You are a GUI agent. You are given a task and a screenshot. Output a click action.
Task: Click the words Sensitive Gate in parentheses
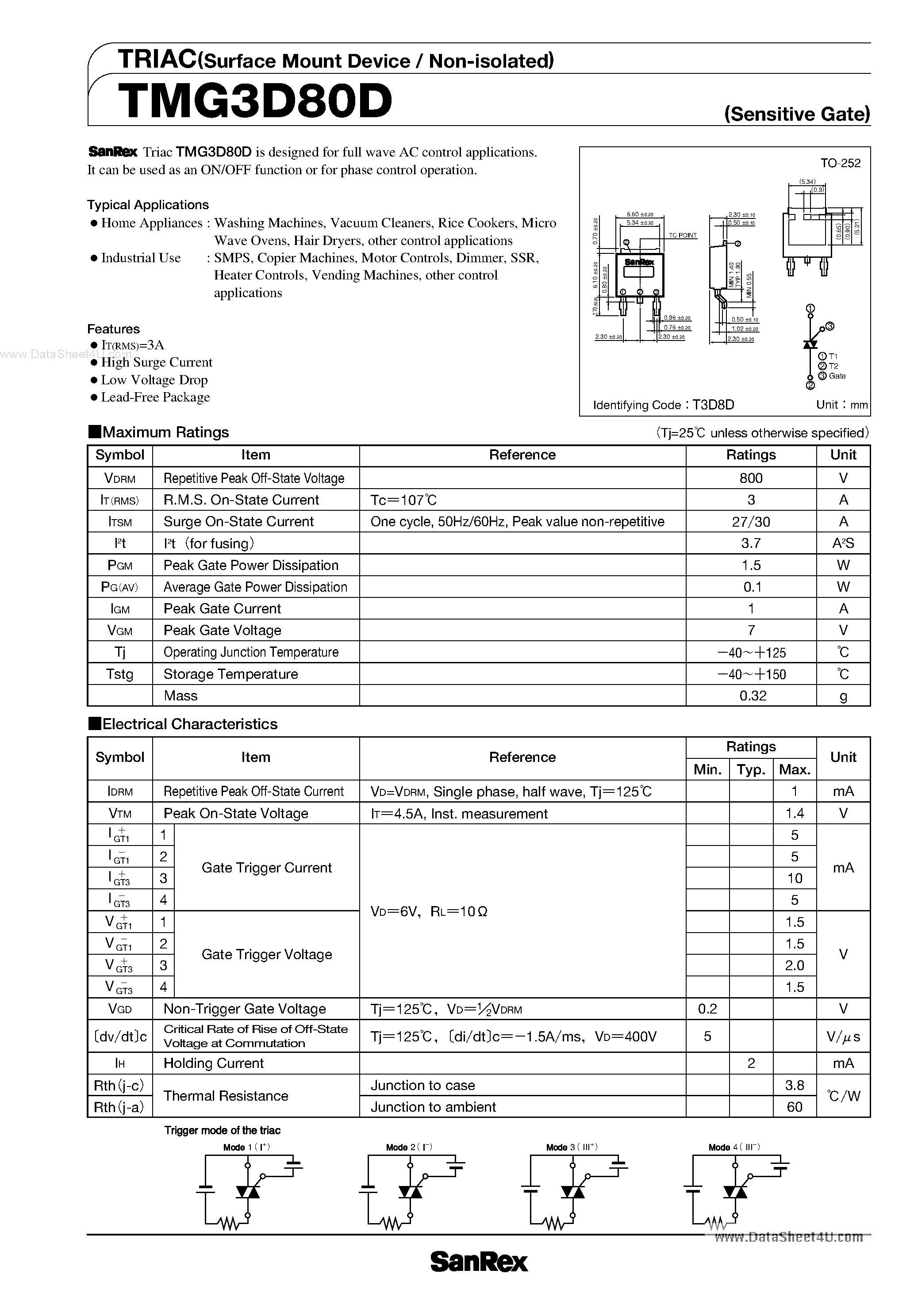point(797,115)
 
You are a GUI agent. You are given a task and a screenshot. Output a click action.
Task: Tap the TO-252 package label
point(840,163)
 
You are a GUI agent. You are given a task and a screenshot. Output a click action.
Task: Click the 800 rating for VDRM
point(751,478)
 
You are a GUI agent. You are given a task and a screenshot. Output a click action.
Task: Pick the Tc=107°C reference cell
point(403,500)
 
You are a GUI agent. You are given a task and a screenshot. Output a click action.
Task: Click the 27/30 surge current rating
point(751,521)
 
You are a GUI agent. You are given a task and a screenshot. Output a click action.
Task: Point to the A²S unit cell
point(843,543)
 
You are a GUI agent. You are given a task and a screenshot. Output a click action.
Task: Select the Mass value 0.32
point(752,696)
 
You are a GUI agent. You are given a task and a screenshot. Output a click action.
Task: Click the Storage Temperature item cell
point(230,674)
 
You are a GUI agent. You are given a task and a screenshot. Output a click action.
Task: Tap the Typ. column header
point(751,770)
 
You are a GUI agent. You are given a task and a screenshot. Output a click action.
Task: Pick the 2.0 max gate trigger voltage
point(794,965)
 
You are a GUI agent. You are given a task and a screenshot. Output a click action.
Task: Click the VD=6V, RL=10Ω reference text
point(429,911)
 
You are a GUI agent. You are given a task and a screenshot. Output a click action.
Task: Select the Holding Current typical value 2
point(751,1063)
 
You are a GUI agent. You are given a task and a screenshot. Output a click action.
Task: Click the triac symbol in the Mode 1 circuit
point(247,1192)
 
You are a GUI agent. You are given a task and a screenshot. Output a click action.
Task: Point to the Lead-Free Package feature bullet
point(155,398)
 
